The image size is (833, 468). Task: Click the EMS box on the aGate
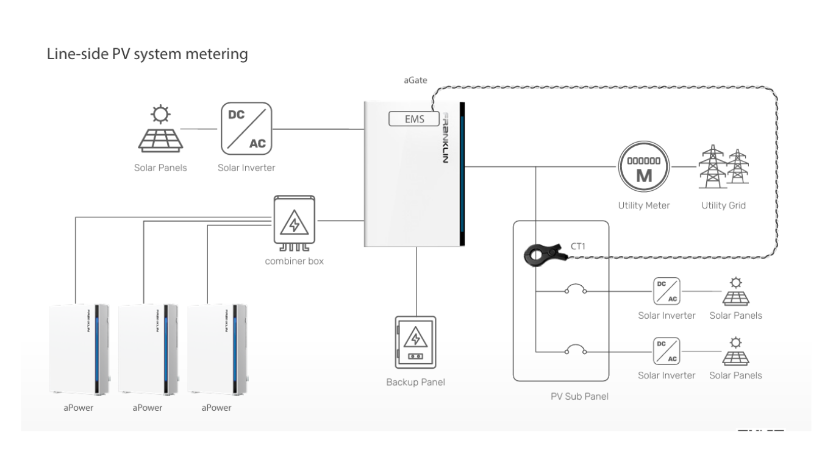tap(414, 119)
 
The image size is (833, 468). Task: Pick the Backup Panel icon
tap(415, 342)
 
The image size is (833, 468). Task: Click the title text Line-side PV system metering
tap(148, 54)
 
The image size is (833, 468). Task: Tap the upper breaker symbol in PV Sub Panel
tap(576, 290)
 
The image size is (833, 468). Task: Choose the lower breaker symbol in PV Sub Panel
tap(576, 350)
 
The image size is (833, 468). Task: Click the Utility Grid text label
tap(723, 205)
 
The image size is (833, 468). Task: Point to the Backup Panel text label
tap(415, 383)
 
